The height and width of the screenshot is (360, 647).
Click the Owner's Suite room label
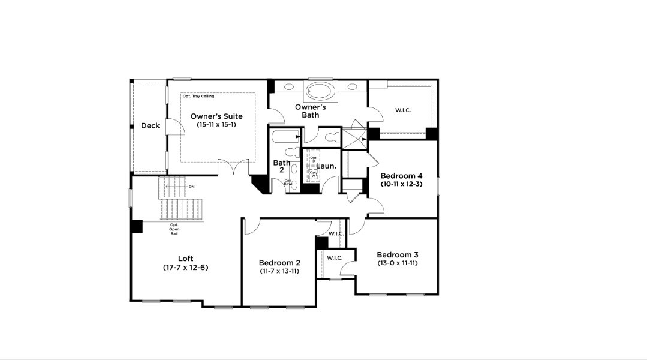coord(216,116)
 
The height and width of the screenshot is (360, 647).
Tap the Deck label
coord(150,125)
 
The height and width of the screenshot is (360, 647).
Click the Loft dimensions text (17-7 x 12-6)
coord(185,267)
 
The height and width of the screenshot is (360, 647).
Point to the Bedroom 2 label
coord(279,262)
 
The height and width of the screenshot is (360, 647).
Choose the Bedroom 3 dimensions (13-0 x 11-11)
coord(397,263)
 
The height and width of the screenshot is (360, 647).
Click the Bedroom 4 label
coord(401,175)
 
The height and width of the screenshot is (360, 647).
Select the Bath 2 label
coord(282,166)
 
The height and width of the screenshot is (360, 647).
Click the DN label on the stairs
coord(191,187)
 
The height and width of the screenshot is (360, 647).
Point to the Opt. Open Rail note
coord(174,229)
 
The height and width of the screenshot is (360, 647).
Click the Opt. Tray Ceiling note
coord(198,96)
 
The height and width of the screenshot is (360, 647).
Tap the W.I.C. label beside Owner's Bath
coord(402,110)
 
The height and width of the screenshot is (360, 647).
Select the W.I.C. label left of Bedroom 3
coord(334,258)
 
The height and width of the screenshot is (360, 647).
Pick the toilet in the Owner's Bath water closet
coord(329,137)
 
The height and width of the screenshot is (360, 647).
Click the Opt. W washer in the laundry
coord(313,174)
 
